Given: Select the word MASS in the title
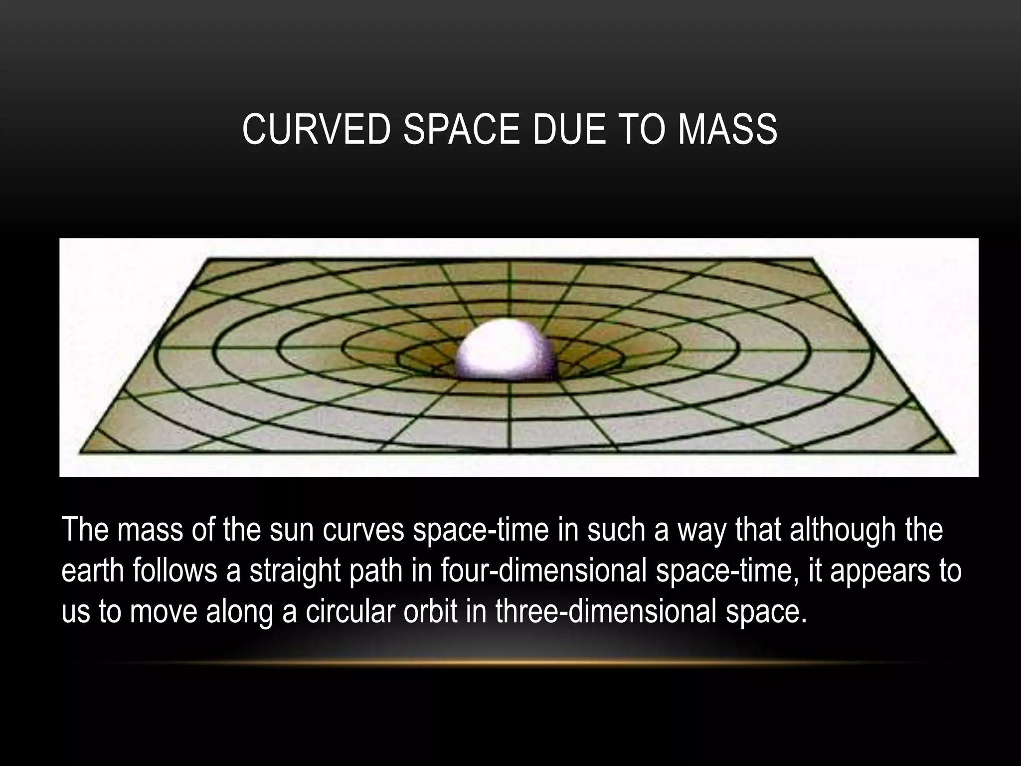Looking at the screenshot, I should pyautogui.click(x=727, y=129).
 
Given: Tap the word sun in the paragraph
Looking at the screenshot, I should pyautogui.click(x=291, y=530).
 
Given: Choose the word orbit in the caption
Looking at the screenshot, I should pyautogui.click(x=430, y=611).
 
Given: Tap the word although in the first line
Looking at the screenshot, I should pyautogui.click(x=842, y=530).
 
